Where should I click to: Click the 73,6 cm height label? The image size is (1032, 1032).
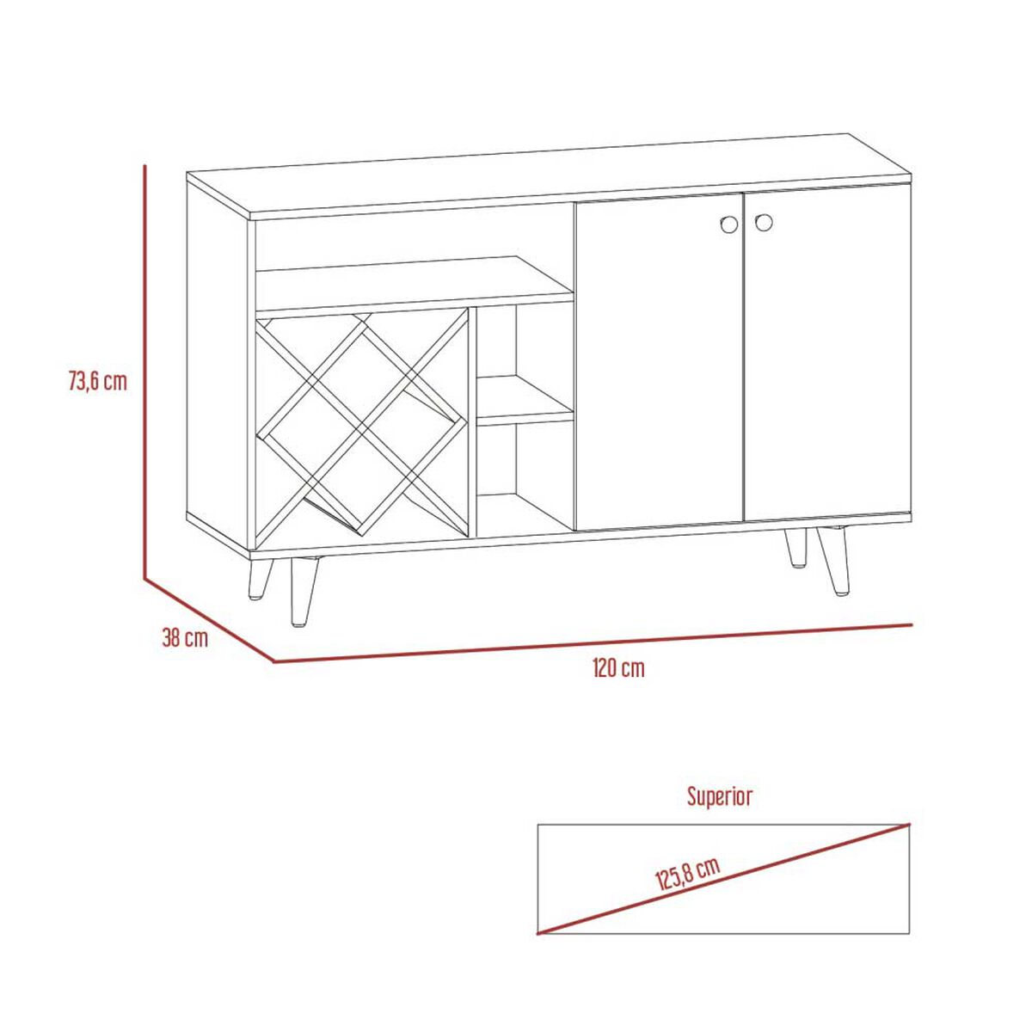pyautogui.click(x=98, y=382)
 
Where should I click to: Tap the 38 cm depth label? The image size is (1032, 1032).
pyautogui.click(x=185, y=638)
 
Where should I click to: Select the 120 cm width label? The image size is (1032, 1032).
pyautogui.click(x=618, y=668)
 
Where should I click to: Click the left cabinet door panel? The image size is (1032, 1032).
pyautogui.click(x=659, y=362)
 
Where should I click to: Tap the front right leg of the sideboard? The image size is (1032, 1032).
pyautogui.click(x=833, y=561)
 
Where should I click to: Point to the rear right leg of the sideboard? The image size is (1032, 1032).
pyautogui.click(x=795, y=547)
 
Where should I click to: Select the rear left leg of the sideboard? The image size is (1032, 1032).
pyautogui.click(x=260, y=580)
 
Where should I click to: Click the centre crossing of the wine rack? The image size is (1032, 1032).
pyautogui.click(x=362, y=424)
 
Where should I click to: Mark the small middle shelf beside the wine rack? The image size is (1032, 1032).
pyautogui.click(x=525, y=401)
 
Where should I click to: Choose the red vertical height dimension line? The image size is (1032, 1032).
pyautogui.click(x=145, y=372)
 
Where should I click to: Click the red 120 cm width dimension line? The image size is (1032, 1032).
pyautogui.click(x=593, y=643)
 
